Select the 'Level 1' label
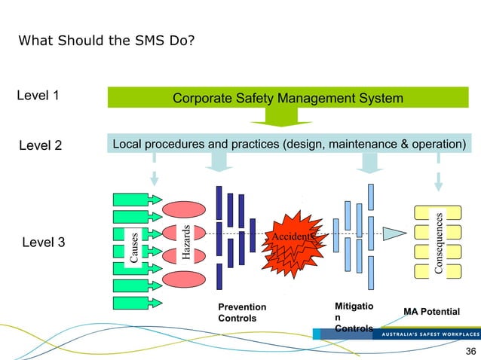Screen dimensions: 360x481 38,96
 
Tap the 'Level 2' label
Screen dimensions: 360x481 40,145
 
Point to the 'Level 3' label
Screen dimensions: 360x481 40,243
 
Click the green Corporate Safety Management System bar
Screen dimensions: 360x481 287,98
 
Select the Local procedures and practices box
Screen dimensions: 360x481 287,144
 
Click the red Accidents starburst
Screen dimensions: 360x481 295,241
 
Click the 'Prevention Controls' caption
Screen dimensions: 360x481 241,313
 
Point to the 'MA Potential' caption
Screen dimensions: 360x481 432,311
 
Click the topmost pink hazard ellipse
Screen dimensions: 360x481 184,208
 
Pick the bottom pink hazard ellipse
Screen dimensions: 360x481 184,277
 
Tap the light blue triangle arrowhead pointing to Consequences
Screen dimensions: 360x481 392,232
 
